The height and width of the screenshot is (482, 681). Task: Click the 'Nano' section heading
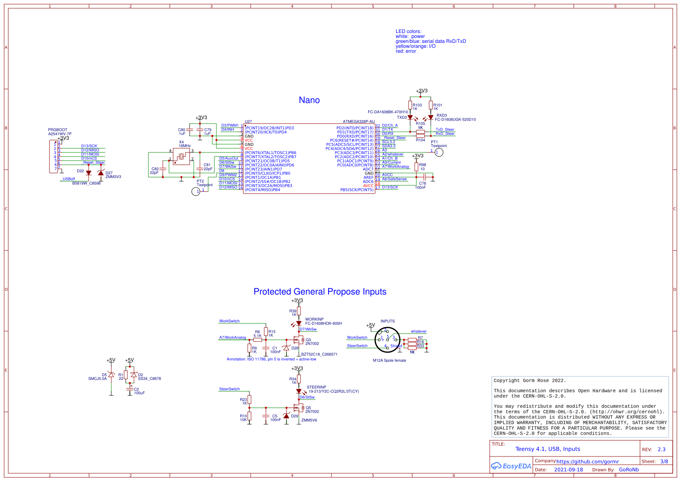pos(309,100)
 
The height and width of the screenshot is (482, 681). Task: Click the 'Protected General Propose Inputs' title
pos(320,292)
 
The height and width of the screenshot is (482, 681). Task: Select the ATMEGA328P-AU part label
pos(359,122)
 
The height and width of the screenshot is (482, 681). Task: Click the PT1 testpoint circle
pos(439,152)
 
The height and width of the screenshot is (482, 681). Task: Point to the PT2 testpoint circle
pos(196,192)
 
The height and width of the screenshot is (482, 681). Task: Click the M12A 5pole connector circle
pos(387,340)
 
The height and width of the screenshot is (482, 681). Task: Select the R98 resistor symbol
pos(416,166)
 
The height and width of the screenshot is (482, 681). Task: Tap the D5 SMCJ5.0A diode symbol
pos(111,375)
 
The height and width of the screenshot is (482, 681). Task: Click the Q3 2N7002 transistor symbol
pos(298,340)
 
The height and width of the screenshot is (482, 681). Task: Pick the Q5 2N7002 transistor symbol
pos(298,408)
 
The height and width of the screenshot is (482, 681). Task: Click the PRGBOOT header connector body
pos(54,157)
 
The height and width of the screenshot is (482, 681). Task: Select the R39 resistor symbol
pos(299,311)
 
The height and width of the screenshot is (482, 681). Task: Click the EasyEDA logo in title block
pos(511,466)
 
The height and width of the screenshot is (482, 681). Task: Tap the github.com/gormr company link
pos(587,461)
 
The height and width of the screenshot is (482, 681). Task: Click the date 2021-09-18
pos(568,470)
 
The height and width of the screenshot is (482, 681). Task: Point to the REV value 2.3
pos(662,449)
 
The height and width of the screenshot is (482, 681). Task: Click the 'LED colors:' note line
pos(409,31)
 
